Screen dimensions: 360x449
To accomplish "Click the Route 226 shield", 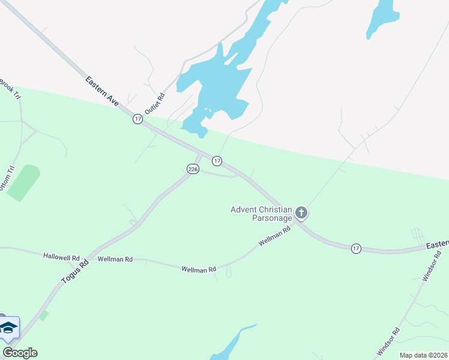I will [193, 169].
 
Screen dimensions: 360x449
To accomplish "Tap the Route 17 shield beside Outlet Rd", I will [138, 119].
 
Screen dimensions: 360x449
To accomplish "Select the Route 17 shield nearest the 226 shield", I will [217, 161].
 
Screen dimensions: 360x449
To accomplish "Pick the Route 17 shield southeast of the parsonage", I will [356, 248].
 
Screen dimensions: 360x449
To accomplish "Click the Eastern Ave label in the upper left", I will [102, 92].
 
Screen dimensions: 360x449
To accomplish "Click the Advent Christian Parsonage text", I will [261, 214].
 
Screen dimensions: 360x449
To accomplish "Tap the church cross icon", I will [301, 213].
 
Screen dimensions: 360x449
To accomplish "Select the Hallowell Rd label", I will [61, 256].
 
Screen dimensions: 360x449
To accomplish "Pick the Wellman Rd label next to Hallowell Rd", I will [115, 259].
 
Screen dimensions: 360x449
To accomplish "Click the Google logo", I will [20, 353].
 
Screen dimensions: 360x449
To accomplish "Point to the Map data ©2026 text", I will [423, 355].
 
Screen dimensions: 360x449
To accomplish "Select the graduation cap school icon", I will [8, 328].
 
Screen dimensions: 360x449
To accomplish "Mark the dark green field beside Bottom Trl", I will [24, 182].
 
